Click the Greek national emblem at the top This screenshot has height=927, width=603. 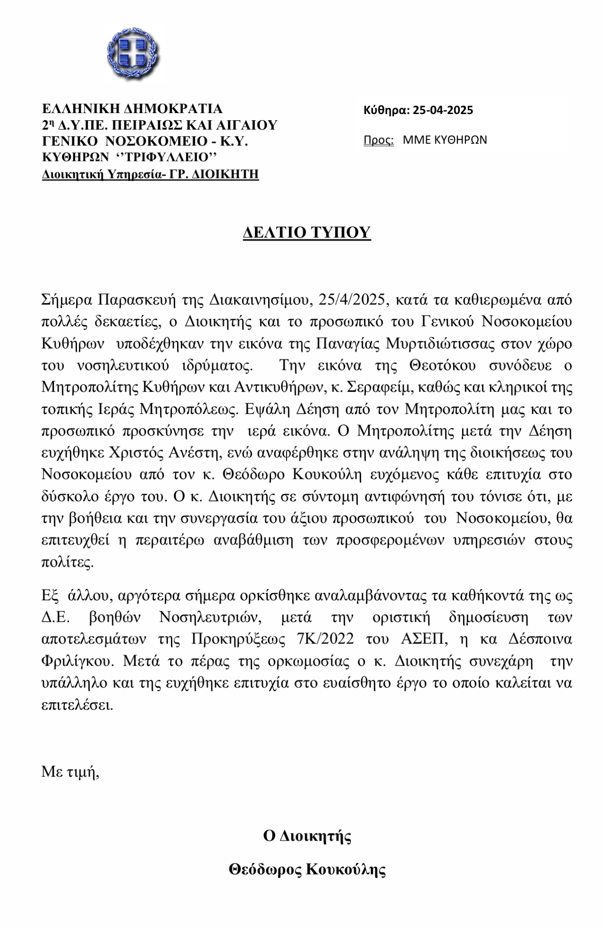(133, 55)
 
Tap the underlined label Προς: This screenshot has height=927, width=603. (379, 140)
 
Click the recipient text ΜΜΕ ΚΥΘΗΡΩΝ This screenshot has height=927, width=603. (445, 140)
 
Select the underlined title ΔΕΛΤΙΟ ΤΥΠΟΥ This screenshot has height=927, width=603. (307, 232)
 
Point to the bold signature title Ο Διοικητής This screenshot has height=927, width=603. (307, 835)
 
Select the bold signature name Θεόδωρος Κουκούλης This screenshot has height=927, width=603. (307, 870)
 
